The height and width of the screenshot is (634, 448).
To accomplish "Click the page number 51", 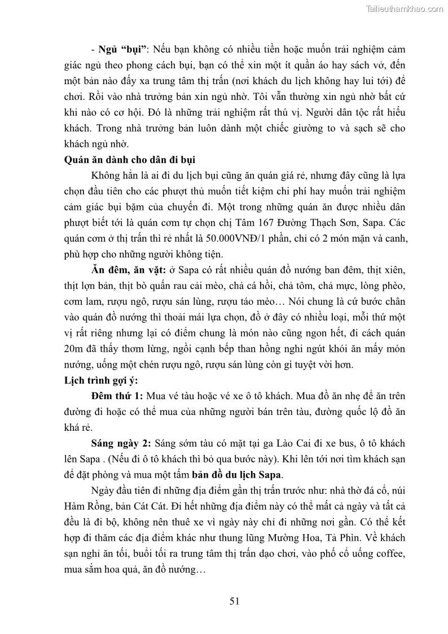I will [x=235, y=601].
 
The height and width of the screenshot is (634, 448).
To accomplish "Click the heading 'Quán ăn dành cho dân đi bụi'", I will [x=131, y=159].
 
